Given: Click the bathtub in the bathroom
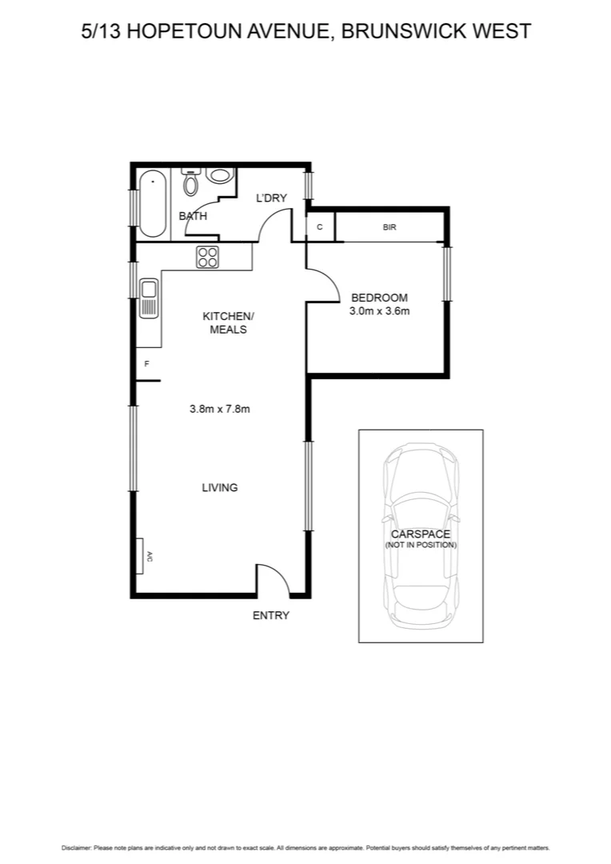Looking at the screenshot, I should (x=151, y=204).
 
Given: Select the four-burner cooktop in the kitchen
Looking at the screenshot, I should (x=208, y=257).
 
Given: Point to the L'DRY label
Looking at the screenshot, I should (x=271, y=198).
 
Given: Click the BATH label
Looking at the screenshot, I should (x=193, y=216).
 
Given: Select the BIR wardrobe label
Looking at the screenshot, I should (x=389, y=227).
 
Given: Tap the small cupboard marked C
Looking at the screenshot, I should (x=320, y=227).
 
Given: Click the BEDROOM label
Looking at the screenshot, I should (x=379, y=298).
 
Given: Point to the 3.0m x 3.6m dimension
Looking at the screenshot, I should (x=379, y=311).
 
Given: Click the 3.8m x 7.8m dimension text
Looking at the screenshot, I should (x=220, y=409).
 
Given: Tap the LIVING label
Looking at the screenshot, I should (x=220, y=487).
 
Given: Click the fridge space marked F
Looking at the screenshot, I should (x=147, y=364).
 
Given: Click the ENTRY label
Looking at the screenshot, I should (x=270, y=615).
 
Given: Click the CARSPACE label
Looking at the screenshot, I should (x=420, y=534).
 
